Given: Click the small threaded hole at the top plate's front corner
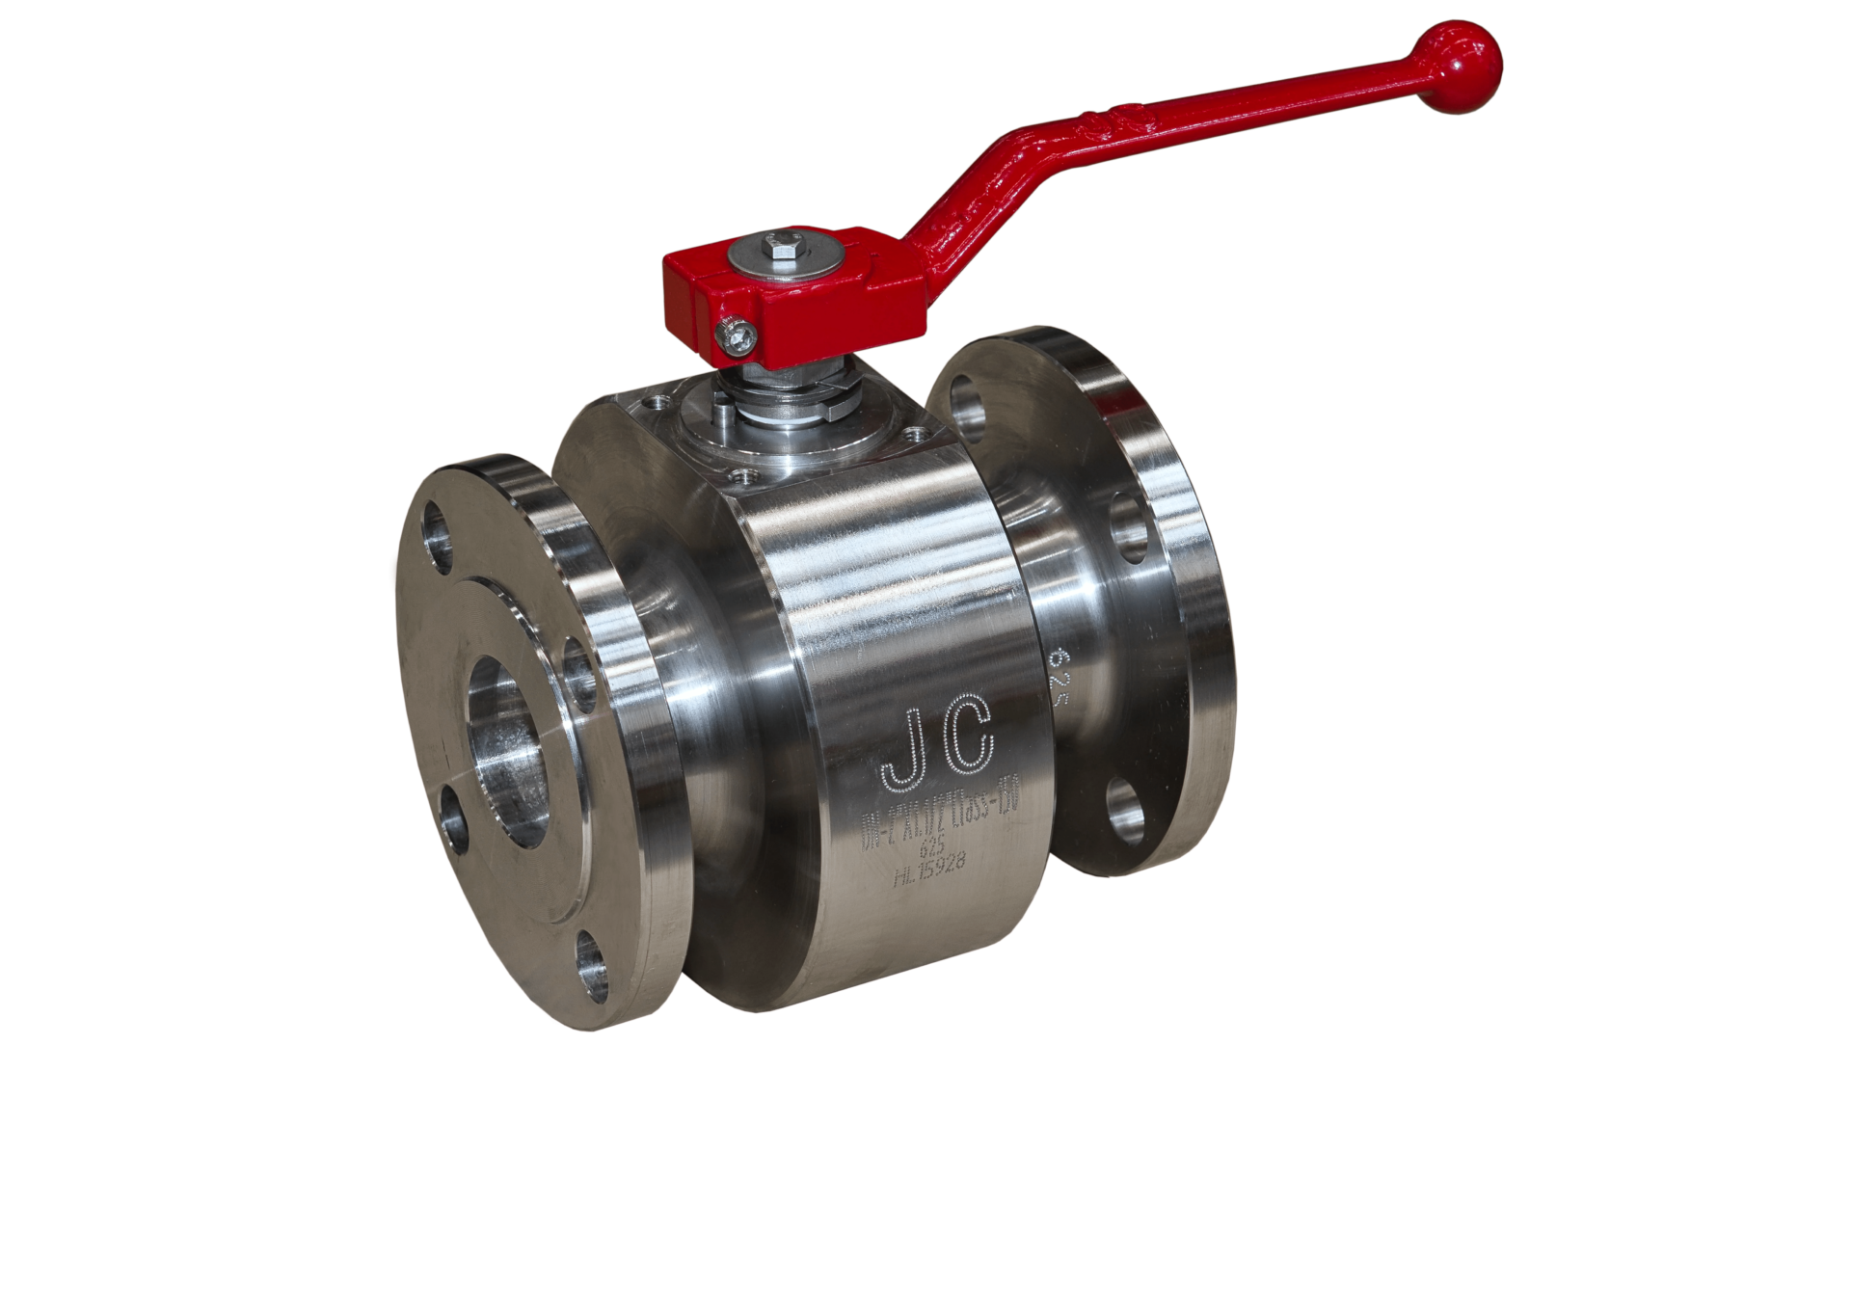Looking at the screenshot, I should [x=745, y=473].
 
